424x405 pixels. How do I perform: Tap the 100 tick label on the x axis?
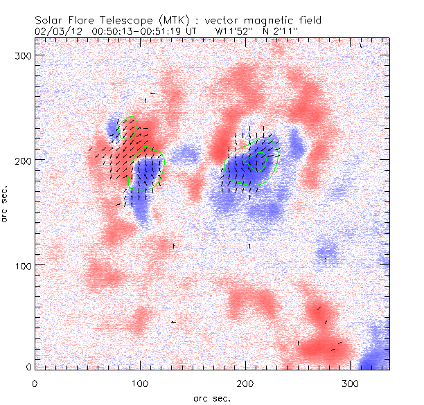coord(140,383)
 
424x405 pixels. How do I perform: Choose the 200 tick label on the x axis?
coord(245,383)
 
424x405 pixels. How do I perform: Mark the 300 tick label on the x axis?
coord(351,383)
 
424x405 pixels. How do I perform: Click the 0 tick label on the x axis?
coord(35,383)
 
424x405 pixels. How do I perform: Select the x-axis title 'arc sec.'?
coord(211,398)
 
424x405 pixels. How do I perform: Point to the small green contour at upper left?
coord(129,128)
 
